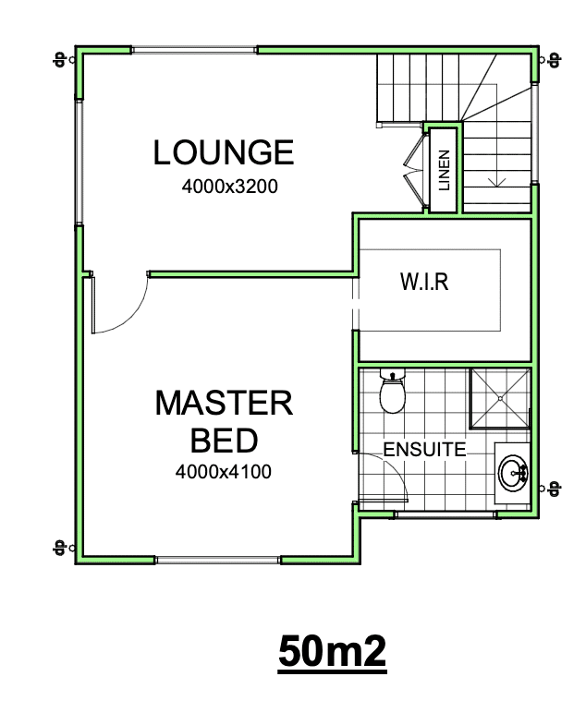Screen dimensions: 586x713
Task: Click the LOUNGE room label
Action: tap(224, 152)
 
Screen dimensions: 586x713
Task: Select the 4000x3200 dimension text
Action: tap(230, 187)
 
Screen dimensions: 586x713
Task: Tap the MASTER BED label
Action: tap(224, 421)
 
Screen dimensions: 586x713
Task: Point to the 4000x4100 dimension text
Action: tap(224, 472)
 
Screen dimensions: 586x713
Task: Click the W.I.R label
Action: tap(424, 282)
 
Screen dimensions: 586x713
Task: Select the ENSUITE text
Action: tap(424, 450)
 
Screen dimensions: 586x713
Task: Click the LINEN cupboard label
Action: tap(444, 170)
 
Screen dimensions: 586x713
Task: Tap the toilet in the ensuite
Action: tap(392, 391)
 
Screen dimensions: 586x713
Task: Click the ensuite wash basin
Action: tap(513, 473)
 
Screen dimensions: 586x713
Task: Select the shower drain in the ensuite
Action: tap(500, 398)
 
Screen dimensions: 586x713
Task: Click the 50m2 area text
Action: tap(332, 651)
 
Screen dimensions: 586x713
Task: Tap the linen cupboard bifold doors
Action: tap(415, 172)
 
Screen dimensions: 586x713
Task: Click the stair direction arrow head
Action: tap(497, 183)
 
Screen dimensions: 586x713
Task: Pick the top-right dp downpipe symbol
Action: tap(550, 59)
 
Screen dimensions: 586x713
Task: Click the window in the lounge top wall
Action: tap(194, 50)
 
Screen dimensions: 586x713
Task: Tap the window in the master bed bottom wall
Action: tap(218, 561)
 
